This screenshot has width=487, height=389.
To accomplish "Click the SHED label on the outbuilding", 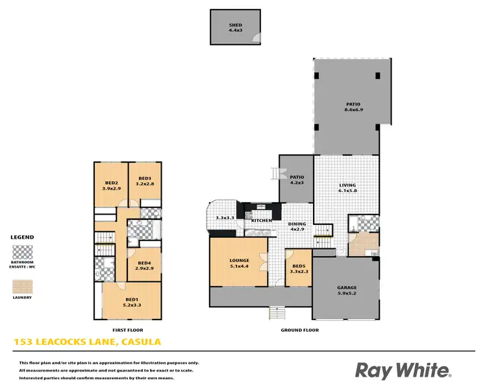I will pyautogui.click(x=235, y=25).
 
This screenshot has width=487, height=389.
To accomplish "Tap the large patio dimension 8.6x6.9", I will pyautogui.click(x=353, y=110).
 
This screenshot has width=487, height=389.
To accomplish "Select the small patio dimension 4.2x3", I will pyautogui.click(x=297, y=183).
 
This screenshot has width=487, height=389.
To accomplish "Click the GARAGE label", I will pyautogui.click(x=346, y=288).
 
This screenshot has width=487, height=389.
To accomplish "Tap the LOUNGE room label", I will pyautogui.click(x=239, y=261).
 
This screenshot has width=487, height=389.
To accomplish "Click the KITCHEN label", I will pyautogui.click(x=261, y=221).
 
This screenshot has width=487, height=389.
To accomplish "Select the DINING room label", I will pyautogui.click(x=297, y=224).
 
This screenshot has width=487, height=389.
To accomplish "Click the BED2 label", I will pyautogui.click(x=112, y=183).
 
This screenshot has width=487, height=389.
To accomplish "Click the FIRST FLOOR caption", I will pyautogui.click(x=128, y=330).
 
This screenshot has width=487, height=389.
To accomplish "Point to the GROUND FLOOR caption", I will pyautogui.click(x=299, y=330).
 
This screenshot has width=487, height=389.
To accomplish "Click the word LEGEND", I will pyautogui.click(x=23, y=237).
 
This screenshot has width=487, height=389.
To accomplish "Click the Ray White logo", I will pyautogui.click(x=403, y=370).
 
